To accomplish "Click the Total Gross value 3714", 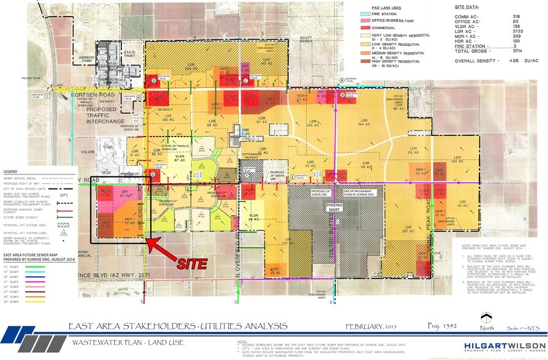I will [x=515, y=51].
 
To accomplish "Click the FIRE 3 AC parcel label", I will [x=245, y=131].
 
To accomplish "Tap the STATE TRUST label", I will [x=130, y=54].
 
